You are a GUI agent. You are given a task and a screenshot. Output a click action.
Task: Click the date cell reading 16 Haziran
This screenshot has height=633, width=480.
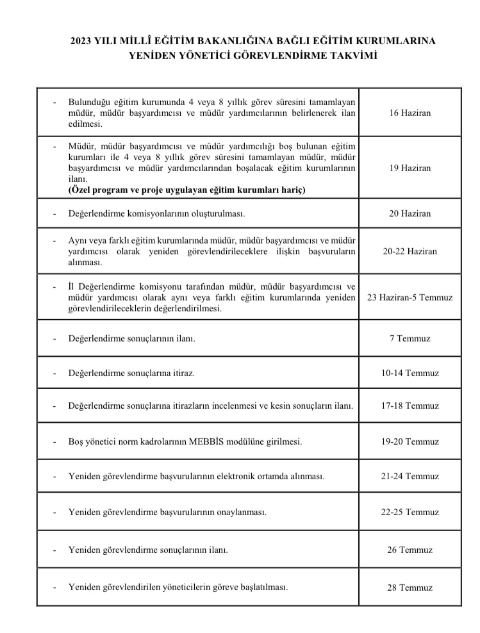pos(410,113)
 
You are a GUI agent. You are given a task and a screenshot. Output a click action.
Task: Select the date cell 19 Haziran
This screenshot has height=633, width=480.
pos(410,168)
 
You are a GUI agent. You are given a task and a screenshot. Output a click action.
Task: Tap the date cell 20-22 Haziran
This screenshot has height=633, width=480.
pos(410,251)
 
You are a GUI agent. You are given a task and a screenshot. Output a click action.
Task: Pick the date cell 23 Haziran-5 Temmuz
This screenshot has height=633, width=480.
pos(410,298)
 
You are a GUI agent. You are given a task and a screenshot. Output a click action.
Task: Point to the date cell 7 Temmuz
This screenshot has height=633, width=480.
pos(410,338)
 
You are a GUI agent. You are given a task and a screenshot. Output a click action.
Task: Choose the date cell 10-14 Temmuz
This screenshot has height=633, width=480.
pos(410,373)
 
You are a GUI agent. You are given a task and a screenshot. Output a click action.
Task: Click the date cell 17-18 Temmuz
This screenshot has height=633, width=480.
pos(410,406)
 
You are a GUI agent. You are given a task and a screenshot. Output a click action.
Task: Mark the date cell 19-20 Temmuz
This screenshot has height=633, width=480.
pos(410,441)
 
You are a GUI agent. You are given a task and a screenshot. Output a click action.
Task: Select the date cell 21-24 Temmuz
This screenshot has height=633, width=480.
pos(410,477)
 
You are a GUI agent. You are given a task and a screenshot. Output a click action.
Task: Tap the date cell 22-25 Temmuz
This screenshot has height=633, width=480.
pos(410,513)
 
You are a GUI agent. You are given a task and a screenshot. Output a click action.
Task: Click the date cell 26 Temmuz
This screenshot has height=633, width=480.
pos(410,550)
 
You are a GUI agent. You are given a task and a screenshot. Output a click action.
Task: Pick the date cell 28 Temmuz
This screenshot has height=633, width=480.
pos(410,588)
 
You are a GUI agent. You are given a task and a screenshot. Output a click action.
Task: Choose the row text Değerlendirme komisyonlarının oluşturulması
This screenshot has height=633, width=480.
pos(156,213)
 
